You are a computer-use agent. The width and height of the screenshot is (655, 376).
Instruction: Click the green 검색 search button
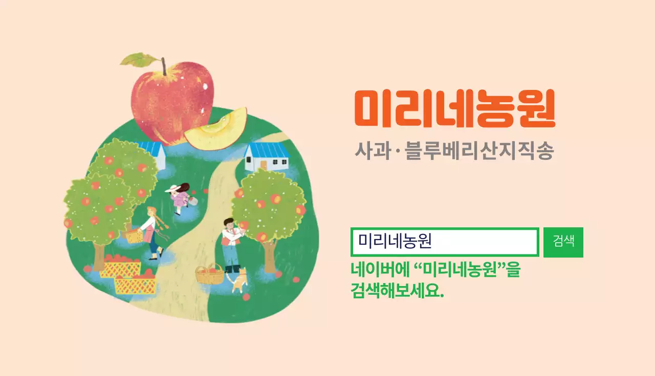point(563,242)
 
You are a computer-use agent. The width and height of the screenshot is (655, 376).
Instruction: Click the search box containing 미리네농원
point(444,242)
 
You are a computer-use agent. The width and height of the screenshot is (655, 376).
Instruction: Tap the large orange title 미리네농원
point(454,109)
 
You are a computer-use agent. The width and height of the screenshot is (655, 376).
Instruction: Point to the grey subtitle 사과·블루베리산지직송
point(454,152)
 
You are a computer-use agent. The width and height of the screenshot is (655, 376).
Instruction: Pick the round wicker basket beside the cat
point(210,275)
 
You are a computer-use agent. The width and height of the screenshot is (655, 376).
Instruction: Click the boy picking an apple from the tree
point(231,243)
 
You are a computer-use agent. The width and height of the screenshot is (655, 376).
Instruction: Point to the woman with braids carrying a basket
point(152,230)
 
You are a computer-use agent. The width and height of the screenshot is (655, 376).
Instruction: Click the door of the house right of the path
point(264,165)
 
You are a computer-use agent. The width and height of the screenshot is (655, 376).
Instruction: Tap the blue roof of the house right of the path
point(267,150)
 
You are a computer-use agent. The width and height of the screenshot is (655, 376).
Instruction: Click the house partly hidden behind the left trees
point(154,153)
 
